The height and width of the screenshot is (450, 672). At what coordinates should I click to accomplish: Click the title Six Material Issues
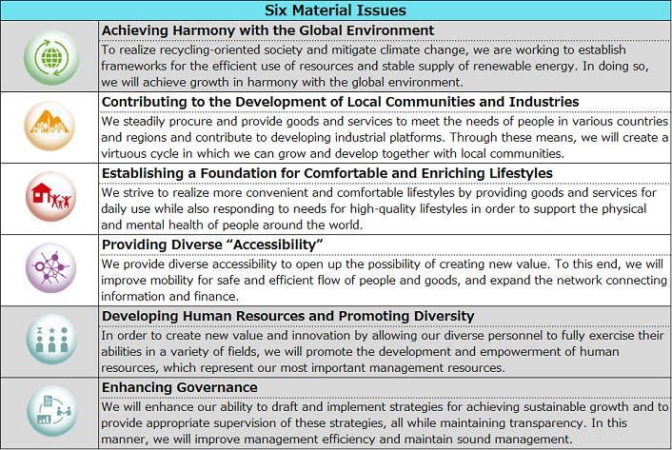tap(335, 10)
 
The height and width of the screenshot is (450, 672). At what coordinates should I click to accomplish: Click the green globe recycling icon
tap(50, 56)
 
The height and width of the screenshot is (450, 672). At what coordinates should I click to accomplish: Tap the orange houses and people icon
tap(50, 127)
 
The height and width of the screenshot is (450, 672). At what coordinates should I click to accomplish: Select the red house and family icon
tap(50, 198)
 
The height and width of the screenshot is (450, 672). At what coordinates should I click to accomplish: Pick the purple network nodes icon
tap(50, 269)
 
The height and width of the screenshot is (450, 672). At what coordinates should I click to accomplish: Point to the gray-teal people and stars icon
tap(50, 341)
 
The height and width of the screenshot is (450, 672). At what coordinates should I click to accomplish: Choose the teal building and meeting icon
tap(50, 412)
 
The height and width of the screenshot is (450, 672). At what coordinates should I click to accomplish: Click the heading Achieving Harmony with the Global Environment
tap(267, 30)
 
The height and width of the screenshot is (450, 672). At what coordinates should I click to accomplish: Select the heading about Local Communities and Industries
tap(340, 101)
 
